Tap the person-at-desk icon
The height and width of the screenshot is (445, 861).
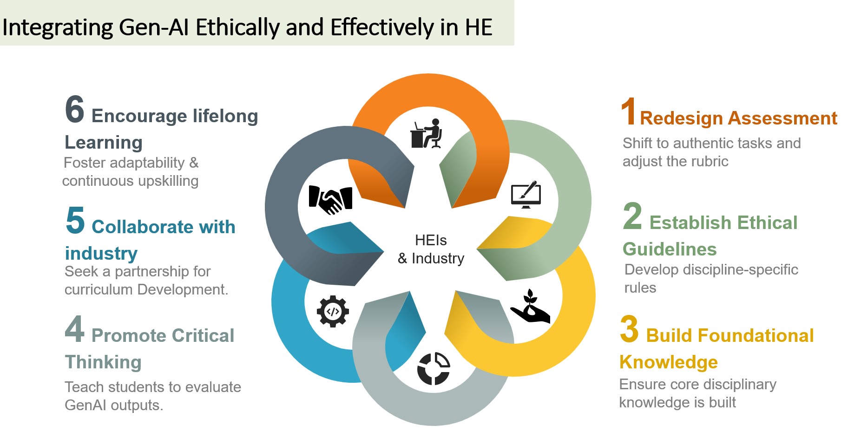click(426, 134)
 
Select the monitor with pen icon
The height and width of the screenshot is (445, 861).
click(526, 195)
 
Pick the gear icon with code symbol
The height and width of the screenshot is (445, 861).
click(333, 311)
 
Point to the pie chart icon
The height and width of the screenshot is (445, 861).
click(434, 369)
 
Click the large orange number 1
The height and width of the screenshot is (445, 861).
click(629, 111)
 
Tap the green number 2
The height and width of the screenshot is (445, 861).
click(632, 216)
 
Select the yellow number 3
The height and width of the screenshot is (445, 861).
click(629, 329)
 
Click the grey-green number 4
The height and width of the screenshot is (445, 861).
click(75, 329)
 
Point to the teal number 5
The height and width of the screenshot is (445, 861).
click(75, 221)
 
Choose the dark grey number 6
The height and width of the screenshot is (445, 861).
click(75, 110)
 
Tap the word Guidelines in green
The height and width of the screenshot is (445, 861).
click(670, 249)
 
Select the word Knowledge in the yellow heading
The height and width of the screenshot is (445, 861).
click(669, 362)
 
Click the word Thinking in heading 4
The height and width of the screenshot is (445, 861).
click(103, 362)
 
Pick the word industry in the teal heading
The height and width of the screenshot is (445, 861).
click(101, 254)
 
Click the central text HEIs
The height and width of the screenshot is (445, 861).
click(431, 240)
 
